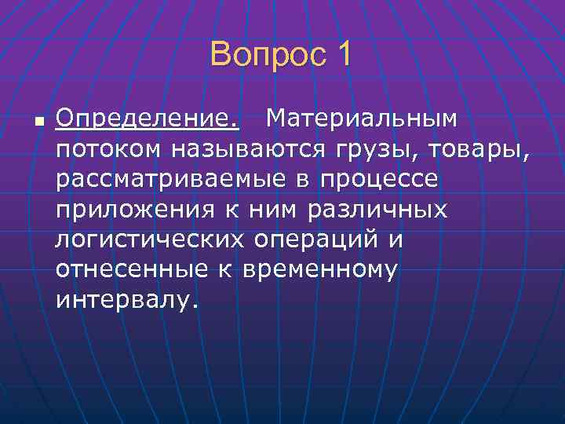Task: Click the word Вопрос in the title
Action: point(262,56)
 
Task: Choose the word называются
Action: point(235,148)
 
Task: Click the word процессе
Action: point(378,179)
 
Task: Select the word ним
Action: point(267,210)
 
